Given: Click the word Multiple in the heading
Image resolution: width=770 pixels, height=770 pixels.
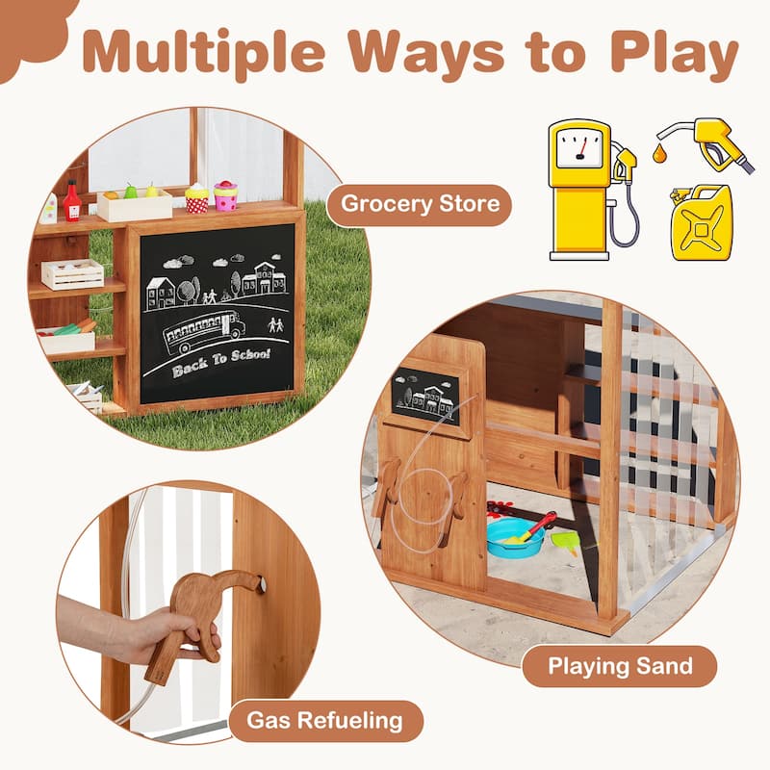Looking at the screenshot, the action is [204, 54].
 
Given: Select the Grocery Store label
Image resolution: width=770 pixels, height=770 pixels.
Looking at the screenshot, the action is [420, 204].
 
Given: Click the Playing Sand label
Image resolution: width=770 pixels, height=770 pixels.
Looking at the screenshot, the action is [620, 666].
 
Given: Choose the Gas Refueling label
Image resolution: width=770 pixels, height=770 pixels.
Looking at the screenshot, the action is [325, 721].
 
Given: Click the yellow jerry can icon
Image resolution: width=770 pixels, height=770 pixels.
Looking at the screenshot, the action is [702, 222].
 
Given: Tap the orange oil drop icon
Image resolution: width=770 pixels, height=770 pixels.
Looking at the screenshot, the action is [659, 153].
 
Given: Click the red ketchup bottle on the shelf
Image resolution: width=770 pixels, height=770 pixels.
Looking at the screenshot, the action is [72, 201].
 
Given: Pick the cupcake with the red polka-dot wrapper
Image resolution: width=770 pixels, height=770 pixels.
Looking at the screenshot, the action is [197, 198].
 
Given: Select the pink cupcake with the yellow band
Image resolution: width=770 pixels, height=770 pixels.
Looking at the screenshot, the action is [225, 195].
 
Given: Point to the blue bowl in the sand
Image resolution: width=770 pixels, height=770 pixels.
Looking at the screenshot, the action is [515, 538].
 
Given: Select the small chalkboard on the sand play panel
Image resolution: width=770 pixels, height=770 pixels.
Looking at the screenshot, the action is [425, 397].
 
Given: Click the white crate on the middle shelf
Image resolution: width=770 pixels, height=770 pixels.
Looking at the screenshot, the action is [73, 274].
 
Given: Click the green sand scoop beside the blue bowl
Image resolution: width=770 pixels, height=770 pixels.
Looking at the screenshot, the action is [566, 542].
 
